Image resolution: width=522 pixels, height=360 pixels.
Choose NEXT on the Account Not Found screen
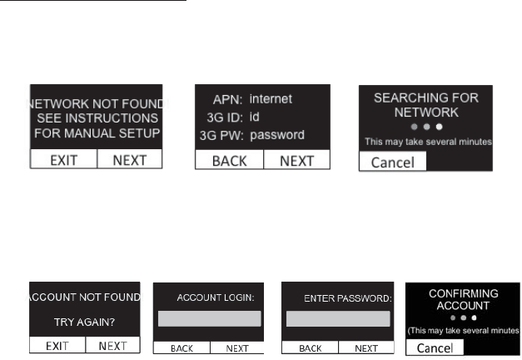114,344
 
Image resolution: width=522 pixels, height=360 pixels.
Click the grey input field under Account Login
209,318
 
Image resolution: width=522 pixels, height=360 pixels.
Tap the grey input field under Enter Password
337,318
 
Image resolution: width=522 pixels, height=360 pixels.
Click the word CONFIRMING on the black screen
463,293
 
